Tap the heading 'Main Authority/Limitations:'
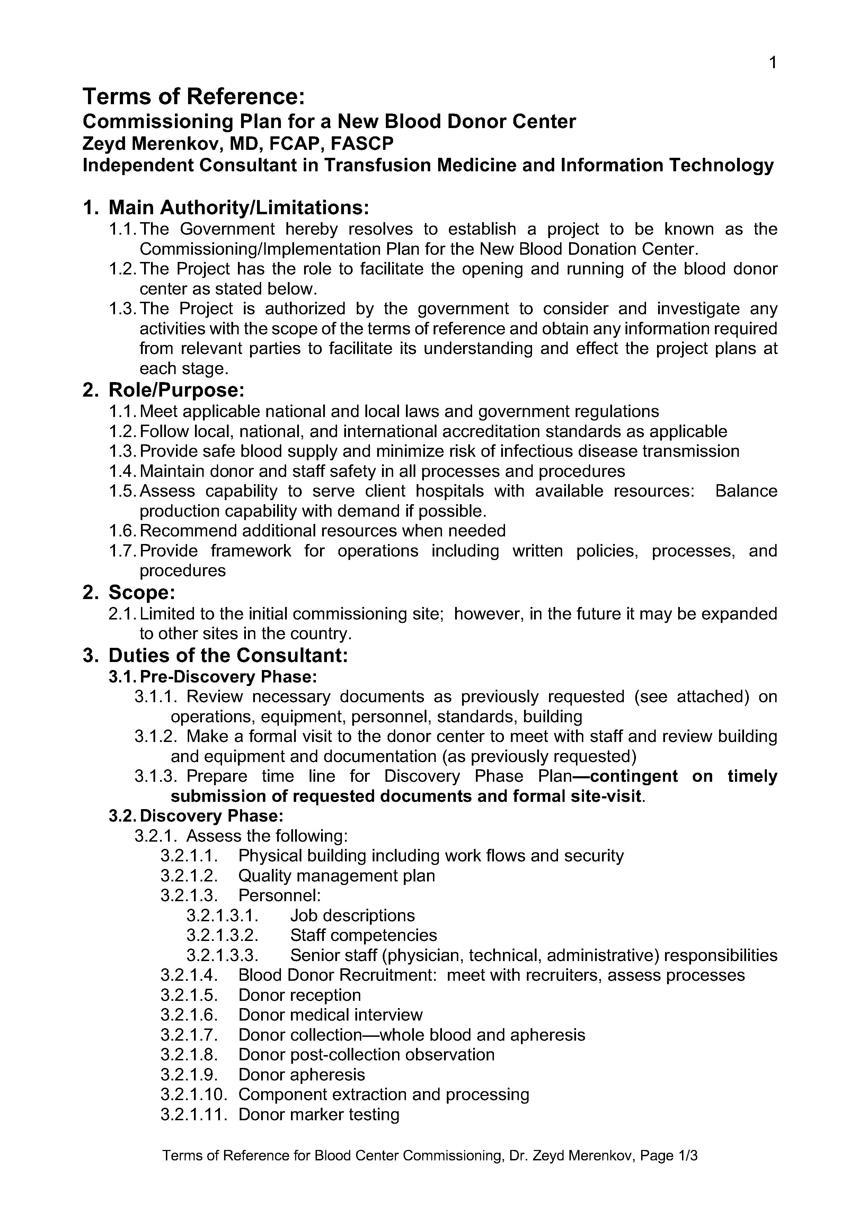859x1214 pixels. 238,207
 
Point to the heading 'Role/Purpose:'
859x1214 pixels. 176,390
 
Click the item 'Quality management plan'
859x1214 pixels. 337,876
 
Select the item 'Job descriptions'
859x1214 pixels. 353,915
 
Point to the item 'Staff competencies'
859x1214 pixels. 364,935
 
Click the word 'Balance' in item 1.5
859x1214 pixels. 746,491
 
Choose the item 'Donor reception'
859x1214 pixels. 300,995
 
